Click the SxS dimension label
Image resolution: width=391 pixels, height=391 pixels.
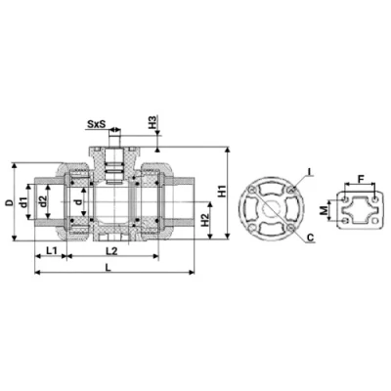pos(96,124)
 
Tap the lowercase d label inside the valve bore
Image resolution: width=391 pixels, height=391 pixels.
pos(79,202)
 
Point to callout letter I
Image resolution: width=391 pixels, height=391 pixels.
pos(310,172)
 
